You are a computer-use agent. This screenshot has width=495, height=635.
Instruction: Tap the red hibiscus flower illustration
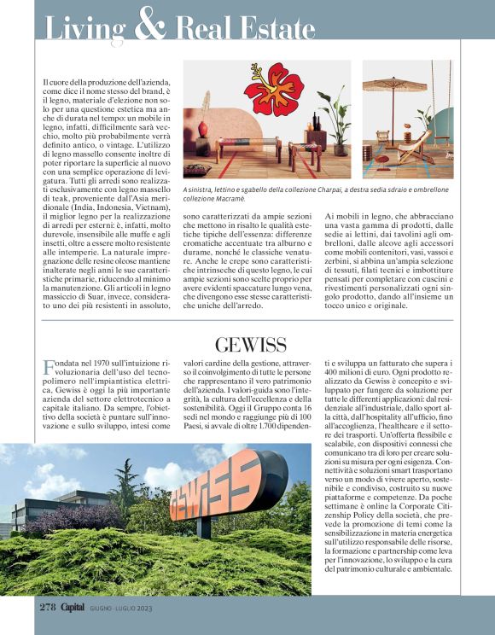click(273, 89)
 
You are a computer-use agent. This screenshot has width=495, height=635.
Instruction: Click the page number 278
click(48, 606)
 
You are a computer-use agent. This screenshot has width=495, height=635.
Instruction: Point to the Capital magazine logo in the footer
click(73, 606)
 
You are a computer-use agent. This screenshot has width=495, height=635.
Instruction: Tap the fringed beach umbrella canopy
click(406, 83)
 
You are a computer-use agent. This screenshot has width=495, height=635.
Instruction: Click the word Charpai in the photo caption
click(318, 189)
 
